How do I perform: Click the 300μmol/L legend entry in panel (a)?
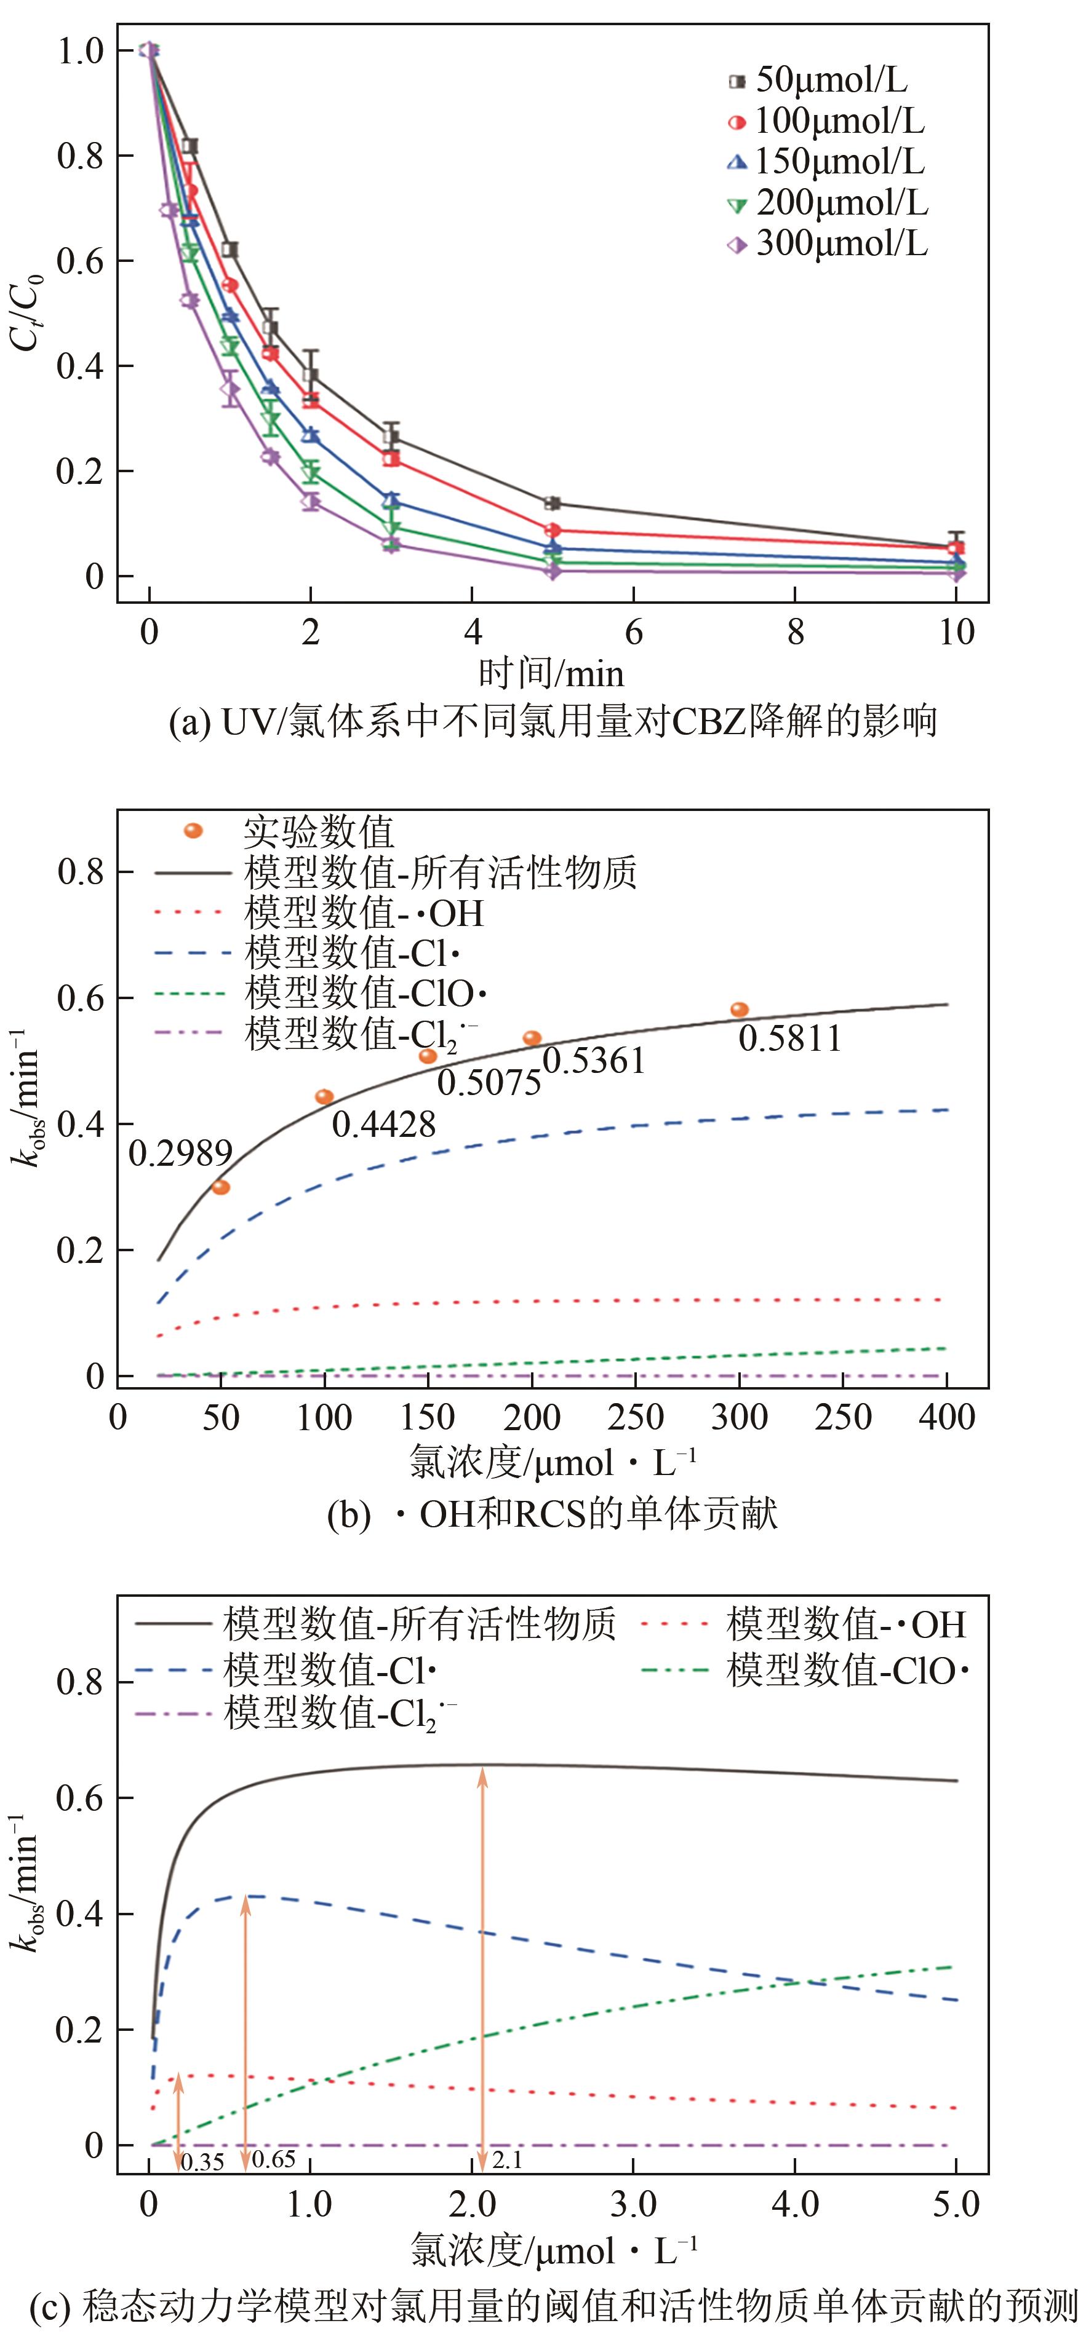point(828,243)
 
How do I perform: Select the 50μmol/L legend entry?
point(818,81)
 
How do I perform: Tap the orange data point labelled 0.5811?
point(740,1009)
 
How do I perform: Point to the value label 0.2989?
point(180,1153)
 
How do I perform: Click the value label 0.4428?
point(384,1125)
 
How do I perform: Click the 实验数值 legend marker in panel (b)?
point(193,831)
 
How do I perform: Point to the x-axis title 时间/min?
point(551,675)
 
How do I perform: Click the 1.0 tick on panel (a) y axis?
point(81,51)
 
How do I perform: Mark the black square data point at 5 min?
point(552,504)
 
